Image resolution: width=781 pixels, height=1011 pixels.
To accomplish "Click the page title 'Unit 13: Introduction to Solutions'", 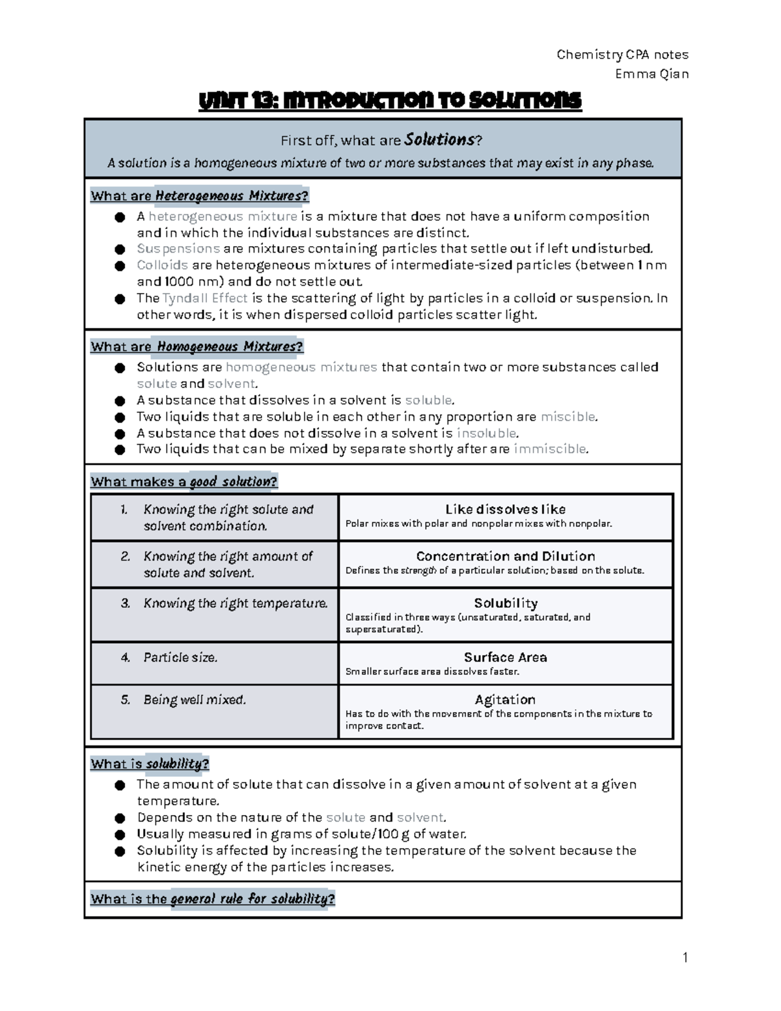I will (x=389, y=101).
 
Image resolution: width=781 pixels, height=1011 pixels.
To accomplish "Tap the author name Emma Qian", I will (x=651, y=74).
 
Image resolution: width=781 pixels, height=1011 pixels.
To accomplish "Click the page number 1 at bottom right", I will (x=685, y=957).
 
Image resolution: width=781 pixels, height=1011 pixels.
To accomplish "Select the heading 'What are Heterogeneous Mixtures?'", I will (x=199, y=196).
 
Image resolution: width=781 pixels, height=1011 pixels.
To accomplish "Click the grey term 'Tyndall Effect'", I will (x=205, y=298).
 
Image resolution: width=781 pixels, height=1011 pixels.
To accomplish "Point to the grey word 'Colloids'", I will (x=162, y=265).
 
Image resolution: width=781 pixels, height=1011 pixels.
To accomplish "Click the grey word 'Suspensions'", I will (x=178, y=249).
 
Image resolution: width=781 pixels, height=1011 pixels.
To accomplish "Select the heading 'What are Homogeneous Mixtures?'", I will (x=197, y=346).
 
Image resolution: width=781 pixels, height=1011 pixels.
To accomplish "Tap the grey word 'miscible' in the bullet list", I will (x=568, y=417).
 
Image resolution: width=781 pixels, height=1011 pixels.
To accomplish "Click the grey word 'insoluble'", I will (x=487, y=433).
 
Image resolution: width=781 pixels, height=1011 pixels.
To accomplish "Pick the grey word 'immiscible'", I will (x=550, y=449).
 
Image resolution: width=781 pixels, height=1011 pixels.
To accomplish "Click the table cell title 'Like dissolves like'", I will (x=505, y=509).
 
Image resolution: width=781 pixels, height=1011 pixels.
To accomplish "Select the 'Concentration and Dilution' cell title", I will (x=505, y=556).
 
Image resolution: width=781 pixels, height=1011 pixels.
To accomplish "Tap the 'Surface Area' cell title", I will (x=505, y=658).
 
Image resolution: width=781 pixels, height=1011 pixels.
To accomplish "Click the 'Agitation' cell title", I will (x=505, y=700).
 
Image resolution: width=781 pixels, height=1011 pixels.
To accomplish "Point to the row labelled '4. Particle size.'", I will (x=180, y=658).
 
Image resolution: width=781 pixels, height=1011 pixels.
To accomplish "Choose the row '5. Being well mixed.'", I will (x=194, y=700).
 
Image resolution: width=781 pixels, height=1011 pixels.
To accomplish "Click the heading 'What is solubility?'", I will (x=150, y=764).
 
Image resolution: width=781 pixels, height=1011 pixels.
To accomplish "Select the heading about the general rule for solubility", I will (x=212, y=899).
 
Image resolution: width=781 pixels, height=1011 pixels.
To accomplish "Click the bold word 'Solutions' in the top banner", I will (x=439, y=140).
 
